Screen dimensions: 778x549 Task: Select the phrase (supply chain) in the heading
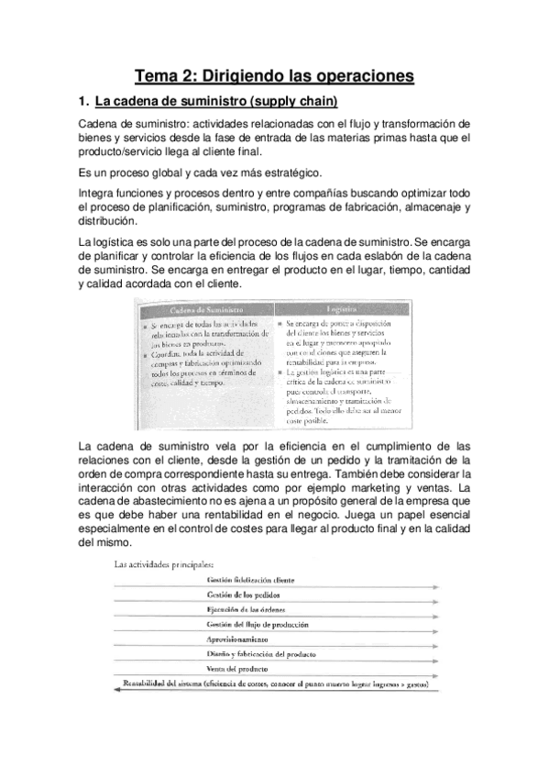point(294,100)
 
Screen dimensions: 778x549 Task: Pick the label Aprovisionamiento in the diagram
point(243,639)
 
